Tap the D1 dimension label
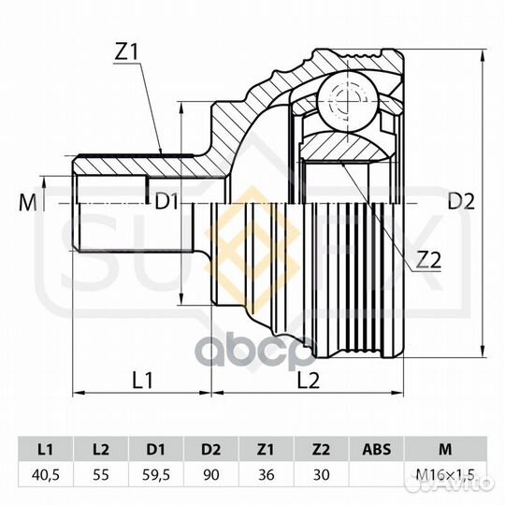point(167,200)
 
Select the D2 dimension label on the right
point(461,200)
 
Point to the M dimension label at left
point(25,200)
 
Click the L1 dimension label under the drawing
point(143,380)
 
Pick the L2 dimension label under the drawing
point(308,380)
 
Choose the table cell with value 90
point(210,475)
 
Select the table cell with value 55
point(100,475)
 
